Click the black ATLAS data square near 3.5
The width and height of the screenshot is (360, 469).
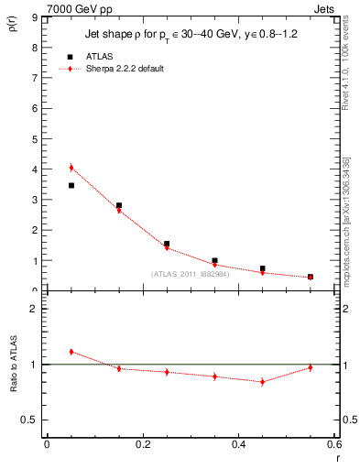[x=71, y=185]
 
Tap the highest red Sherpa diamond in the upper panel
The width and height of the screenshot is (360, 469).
[x=71, y=168]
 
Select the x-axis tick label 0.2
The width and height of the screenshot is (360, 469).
[x=142, y=444]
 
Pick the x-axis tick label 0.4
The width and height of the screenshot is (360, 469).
[x=238, y=444]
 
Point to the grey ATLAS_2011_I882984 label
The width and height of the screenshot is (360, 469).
[x=190, y=273]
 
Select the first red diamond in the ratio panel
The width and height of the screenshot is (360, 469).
[x=71, y=352]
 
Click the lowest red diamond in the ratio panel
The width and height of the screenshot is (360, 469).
[x=262, y=381]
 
